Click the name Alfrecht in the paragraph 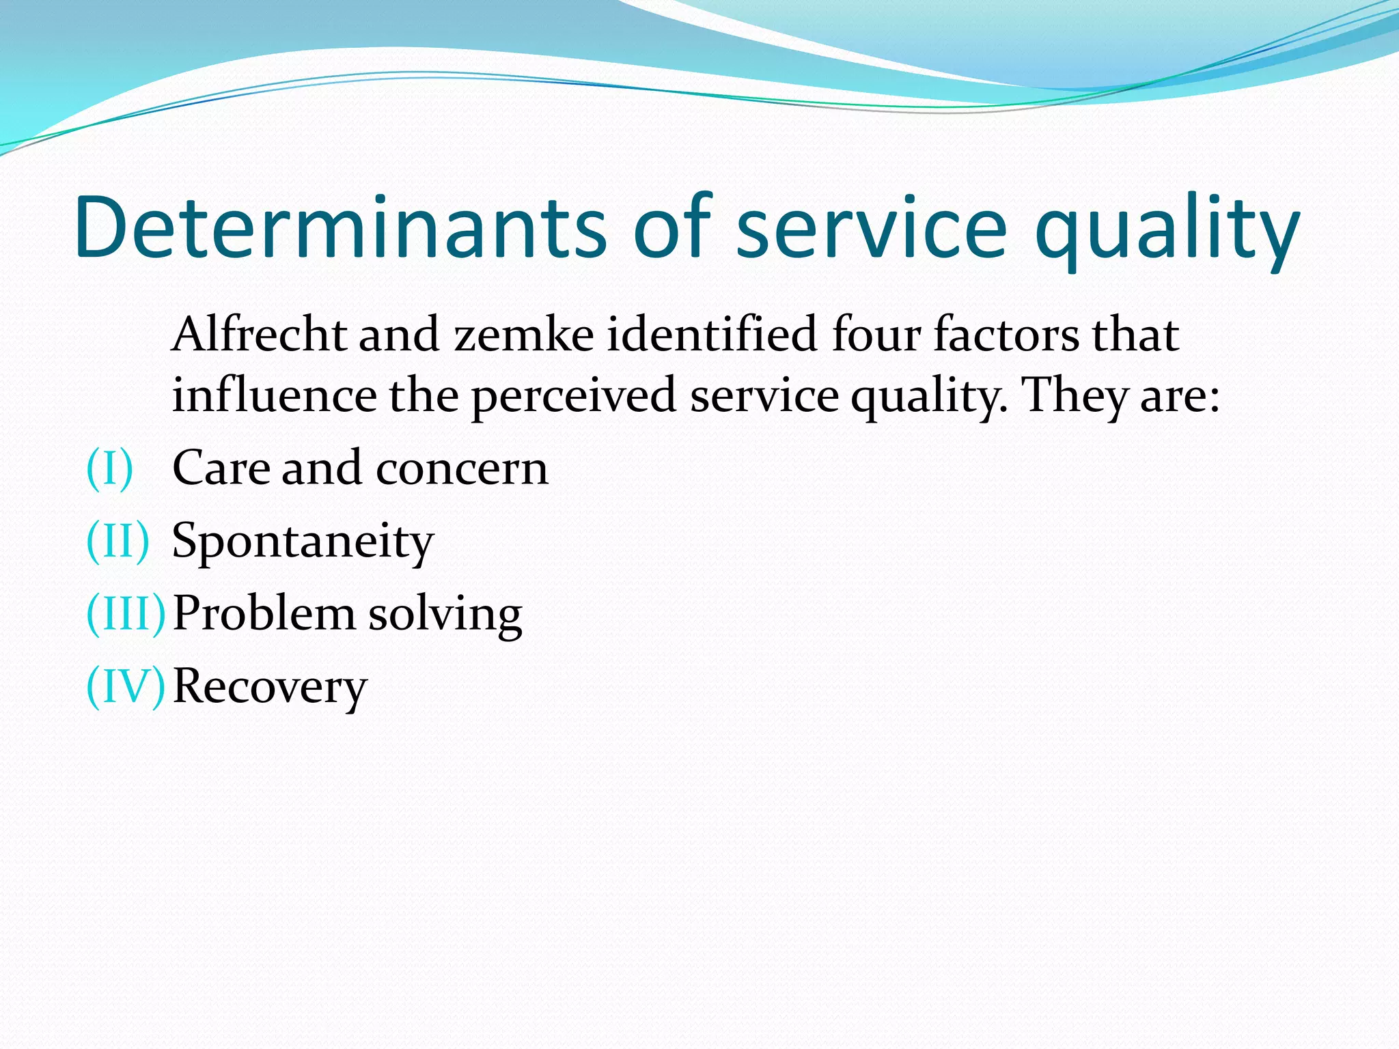259,335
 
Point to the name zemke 524,335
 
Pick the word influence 273,395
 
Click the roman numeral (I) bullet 109,468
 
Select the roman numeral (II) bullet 117,541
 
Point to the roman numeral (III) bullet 126,613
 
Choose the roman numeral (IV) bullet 126,686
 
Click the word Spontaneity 303,542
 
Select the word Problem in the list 264,613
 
